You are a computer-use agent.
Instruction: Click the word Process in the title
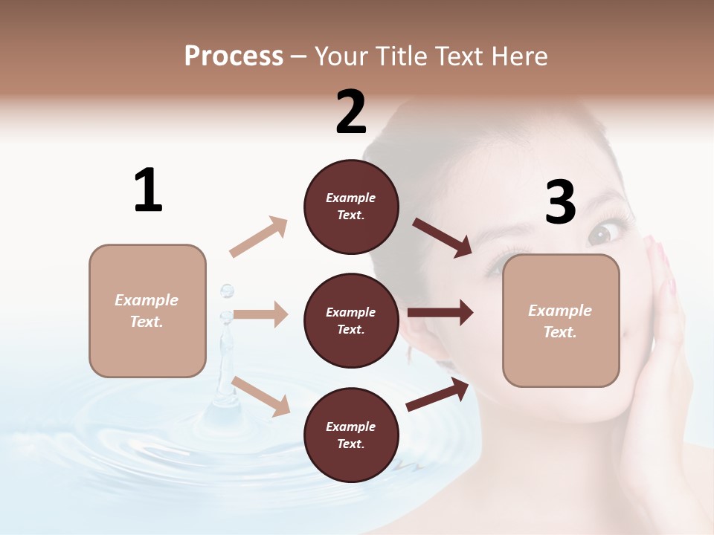click(x=234, y=56)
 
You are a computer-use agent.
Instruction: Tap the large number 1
click(x=148, y=190)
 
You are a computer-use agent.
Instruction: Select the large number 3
click(x=560, y=202)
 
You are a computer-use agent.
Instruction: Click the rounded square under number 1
click(x=147, y=311)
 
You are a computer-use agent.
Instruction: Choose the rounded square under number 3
click(x=561, y=321)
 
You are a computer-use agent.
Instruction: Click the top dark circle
click(x=351, y=206)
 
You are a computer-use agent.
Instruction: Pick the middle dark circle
click(x=351, y=320)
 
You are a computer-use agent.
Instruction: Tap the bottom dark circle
click(x=351, y=435)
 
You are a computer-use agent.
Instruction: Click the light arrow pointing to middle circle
click(x=260, y=315)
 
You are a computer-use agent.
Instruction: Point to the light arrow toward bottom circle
click(x=261, y=395)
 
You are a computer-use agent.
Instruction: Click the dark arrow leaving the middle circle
click(x=440, y=313)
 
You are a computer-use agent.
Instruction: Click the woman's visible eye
click(x=601, y=233)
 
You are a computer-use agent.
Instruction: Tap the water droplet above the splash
click(x=227, y=290)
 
